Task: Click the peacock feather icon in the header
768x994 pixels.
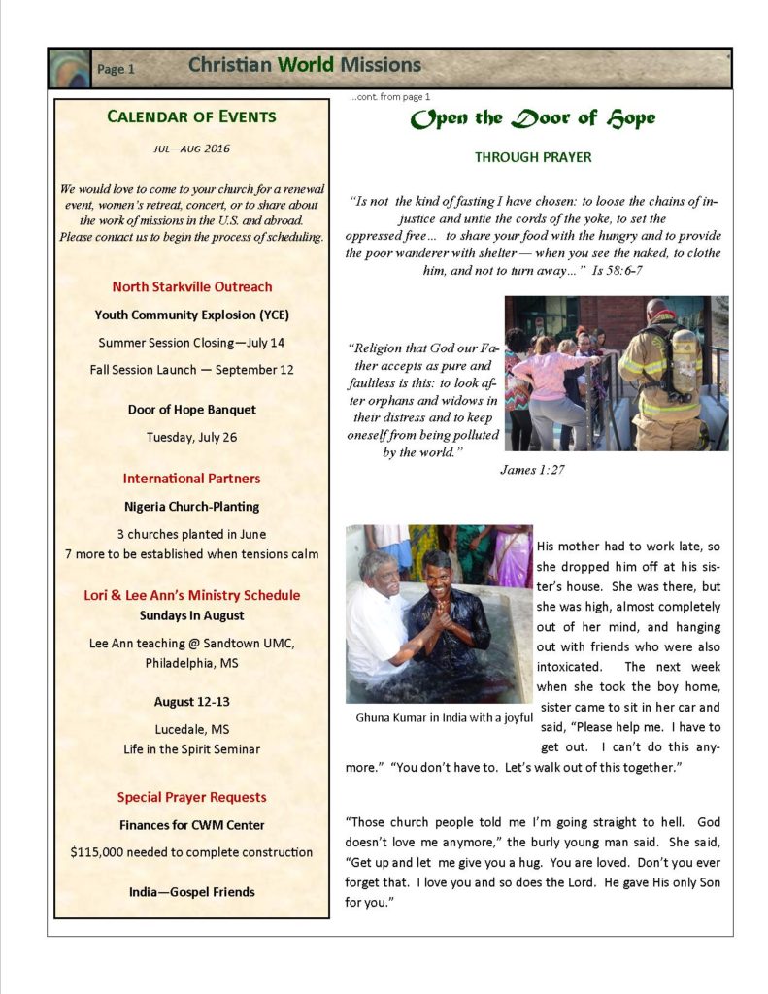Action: (69, 68)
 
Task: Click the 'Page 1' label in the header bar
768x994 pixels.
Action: (116, 69)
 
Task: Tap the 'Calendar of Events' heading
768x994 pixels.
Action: (191, 117)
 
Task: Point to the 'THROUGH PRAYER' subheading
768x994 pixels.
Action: (533, 157)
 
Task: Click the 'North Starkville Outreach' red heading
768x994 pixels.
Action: (191, 287)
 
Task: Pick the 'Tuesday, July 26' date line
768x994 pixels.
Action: (191, 437)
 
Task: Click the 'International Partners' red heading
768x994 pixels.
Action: (191, 479)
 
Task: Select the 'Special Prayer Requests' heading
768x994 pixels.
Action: (191, 798)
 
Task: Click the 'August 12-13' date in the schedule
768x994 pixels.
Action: (191, 702)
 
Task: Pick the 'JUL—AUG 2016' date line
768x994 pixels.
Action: (191, 149)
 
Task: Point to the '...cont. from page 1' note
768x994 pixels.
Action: (389, 96)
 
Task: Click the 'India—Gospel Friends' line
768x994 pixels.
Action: (191, 892)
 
